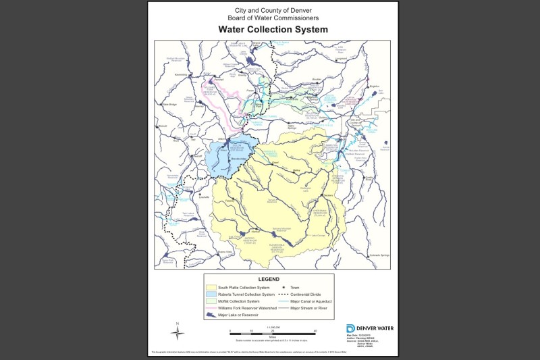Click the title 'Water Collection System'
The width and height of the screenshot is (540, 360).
tap(272, 30)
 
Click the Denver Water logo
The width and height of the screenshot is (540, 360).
tap(369, 328)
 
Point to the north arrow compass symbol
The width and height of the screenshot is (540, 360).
tap(177, 332)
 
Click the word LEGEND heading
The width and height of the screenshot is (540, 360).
tap(269, 278)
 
